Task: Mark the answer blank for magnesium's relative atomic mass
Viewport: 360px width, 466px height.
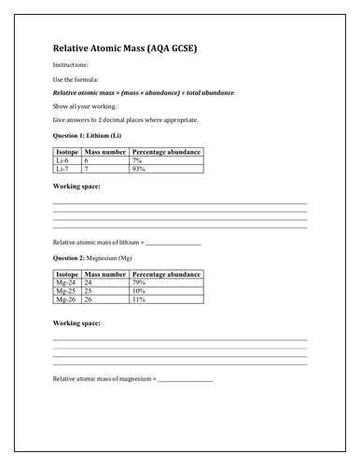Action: [185, 381]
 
